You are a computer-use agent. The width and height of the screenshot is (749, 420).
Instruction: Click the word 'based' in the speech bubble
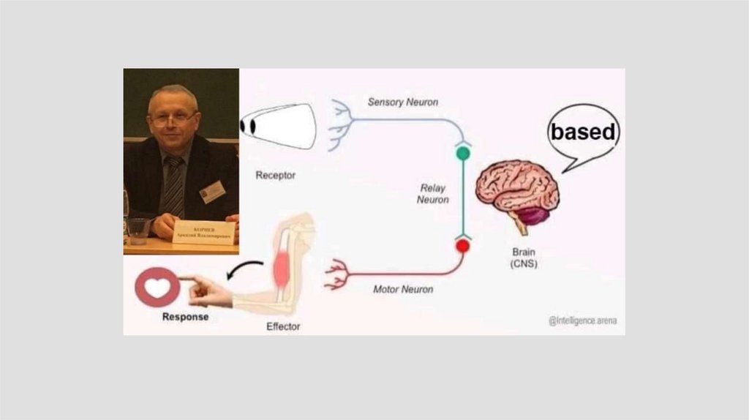584,132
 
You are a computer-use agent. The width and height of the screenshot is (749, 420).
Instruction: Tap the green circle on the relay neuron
462,153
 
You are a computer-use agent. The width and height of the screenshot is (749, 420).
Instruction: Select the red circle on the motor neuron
462,246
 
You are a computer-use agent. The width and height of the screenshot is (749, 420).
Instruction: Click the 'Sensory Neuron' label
403,102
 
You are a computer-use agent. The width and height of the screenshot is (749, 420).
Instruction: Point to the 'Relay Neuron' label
433,193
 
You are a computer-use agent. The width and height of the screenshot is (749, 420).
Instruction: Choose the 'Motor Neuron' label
403,289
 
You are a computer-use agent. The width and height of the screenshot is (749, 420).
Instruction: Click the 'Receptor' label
276,176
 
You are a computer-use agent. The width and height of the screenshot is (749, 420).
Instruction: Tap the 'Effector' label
283,326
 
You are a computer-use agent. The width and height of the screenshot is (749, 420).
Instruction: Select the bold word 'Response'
185,317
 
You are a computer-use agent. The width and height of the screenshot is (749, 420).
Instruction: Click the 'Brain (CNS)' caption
524,257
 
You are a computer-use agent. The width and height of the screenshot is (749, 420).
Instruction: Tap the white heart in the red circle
157,287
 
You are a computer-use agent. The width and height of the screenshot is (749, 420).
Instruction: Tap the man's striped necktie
174,186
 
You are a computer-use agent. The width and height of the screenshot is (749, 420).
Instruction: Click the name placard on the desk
204,232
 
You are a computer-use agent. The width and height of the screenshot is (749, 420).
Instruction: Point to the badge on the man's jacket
212,192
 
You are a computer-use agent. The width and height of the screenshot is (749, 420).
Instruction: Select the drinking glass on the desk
137,230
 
